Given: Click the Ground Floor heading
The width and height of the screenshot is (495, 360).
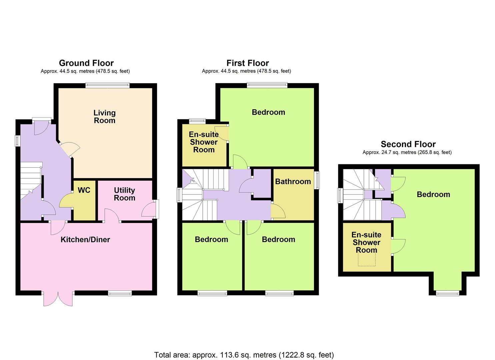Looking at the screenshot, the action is pos(86,63).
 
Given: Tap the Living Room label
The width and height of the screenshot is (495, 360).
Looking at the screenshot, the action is pos(105,117).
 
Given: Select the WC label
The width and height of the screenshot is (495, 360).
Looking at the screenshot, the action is pos(84,190).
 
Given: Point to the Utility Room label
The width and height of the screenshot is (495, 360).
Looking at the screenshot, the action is pos(124,194).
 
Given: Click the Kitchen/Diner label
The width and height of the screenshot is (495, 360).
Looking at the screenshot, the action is pos(85,240).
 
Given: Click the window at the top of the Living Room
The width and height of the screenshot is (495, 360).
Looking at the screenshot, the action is pos(108,86).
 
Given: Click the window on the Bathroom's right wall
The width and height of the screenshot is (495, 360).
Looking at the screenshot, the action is pos(317,180).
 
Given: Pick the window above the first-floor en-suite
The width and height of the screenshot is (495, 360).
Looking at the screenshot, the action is pos(197,121).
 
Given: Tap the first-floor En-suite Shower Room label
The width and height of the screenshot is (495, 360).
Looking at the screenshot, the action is pos(204,142).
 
